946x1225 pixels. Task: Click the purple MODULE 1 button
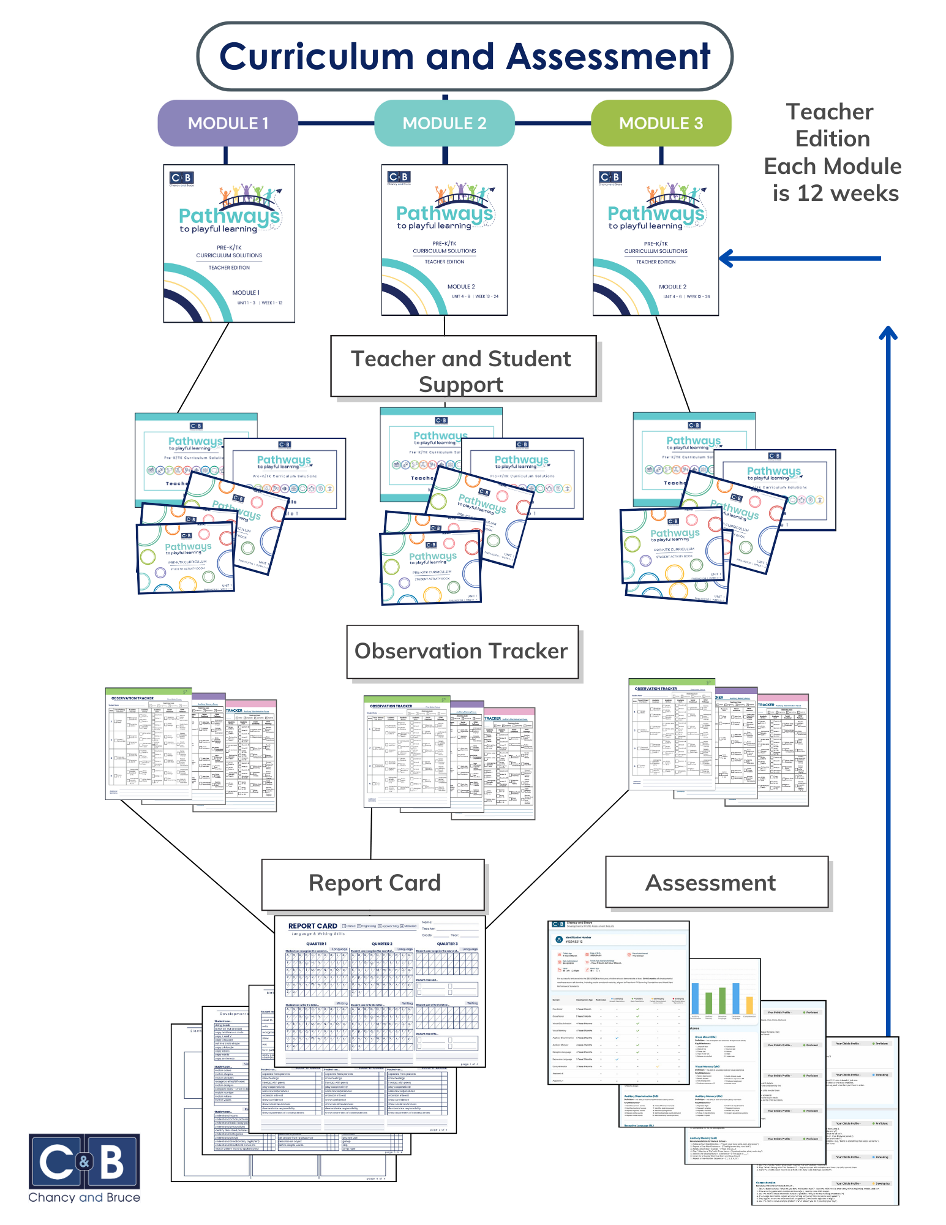pyautogui.click(x=228, y=123)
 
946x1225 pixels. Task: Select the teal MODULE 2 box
pyautogui.click(x=444, y=123)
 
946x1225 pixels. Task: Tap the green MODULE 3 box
pyautogui.click(x=661, y=123)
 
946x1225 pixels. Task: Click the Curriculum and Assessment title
pyautogui.click(x=464, y=56)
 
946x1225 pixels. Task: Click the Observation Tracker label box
pyautogui.click(x=462, y=651)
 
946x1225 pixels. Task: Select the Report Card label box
pyautogui.click(x=374, y=883)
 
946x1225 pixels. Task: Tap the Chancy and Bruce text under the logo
pyautogui.click(x=84, y=1197)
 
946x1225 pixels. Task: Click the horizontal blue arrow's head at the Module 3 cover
pyautogui.click(x=726, y=258)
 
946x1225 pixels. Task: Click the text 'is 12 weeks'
pyautogui.click(x=835, y=194)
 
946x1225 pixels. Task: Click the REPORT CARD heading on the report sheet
pyautogui.click(x=312, y=926)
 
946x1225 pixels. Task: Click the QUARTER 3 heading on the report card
pyautogui.click(x=447, y=944)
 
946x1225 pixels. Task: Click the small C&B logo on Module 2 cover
pyautogui.click(x=399, y=177)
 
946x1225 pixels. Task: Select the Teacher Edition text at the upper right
pyautogui.click(x=832, y=125)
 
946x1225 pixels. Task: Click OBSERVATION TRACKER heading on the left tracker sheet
pyautogui.click(x=132, y=698)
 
